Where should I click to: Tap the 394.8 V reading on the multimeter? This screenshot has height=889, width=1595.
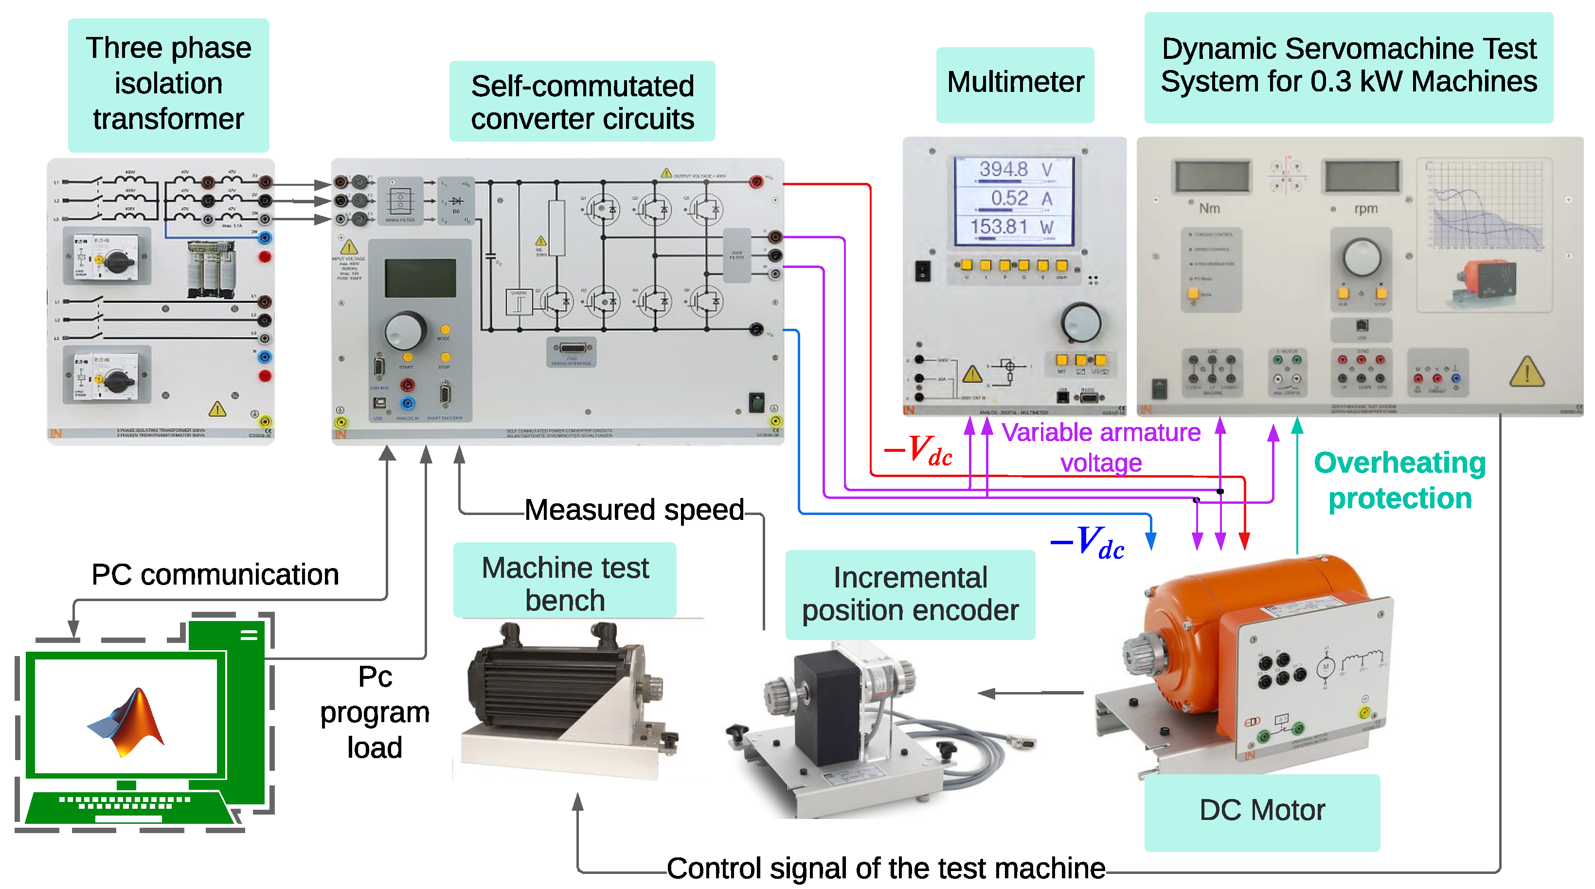(1014, 169)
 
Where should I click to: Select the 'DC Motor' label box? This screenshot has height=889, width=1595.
(1261, 810)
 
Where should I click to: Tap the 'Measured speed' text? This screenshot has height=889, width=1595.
(633, 510)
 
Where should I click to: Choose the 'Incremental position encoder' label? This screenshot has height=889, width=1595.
(910, 594)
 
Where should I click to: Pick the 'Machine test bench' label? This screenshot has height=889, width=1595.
(565, 583)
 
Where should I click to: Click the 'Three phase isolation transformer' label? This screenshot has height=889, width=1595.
(168, 84)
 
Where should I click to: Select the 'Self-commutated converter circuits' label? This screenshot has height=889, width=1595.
(582, 102)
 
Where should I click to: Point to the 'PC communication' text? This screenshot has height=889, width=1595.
(215, 574)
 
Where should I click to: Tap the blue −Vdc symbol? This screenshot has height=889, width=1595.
(1087, 543)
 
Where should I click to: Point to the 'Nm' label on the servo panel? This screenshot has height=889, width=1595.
(1209, 209)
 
